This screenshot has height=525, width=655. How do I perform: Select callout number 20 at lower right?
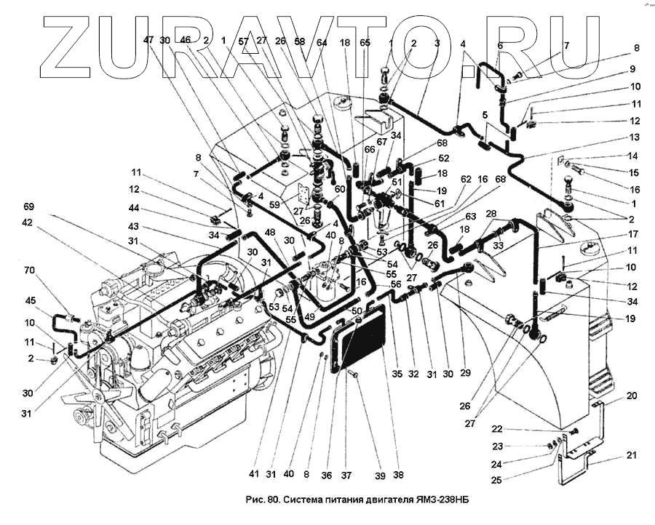(631, 396)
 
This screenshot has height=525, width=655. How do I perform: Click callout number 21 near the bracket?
(631, 455)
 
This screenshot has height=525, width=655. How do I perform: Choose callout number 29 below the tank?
(465, 373)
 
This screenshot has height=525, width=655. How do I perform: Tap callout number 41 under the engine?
(253, 474)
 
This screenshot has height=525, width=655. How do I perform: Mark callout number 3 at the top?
(436, 43)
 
